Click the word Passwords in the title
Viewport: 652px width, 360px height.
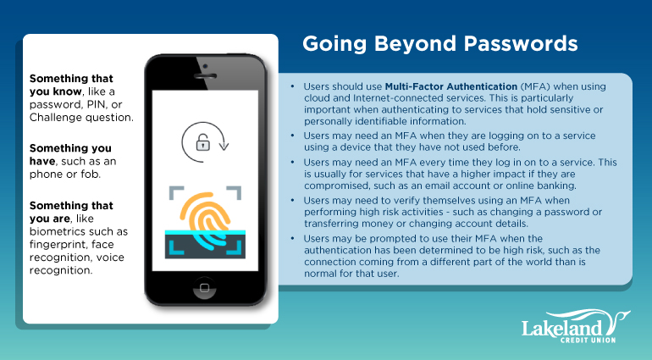coord(521,43)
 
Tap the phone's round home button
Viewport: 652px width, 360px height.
coord(205,288)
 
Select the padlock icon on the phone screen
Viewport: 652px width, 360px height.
coord(203,142)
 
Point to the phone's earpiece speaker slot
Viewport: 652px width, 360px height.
coord(205,76)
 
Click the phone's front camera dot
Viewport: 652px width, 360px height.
coord(205,66)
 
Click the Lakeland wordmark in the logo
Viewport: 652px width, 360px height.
coord(562,328)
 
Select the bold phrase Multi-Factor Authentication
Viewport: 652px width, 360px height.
coord(451,86)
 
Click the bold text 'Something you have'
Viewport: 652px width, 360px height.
coord(70,154)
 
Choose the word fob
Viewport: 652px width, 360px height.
coord(90,174)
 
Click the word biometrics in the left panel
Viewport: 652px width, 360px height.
coord(56,231)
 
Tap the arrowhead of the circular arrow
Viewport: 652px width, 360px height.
coord(224,146)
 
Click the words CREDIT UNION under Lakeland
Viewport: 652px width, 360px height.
coord(588,340)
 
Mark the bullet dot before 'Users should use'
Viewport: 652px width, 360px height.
coord(293,86)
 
